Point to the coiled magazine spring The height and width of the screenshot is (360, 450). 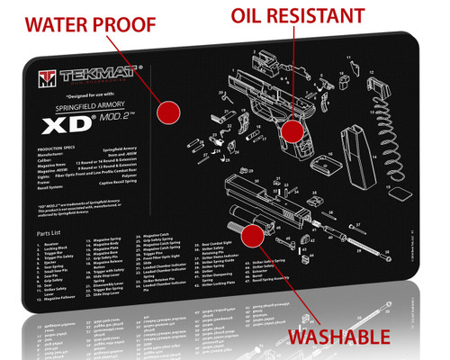(x=404, y=127)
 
